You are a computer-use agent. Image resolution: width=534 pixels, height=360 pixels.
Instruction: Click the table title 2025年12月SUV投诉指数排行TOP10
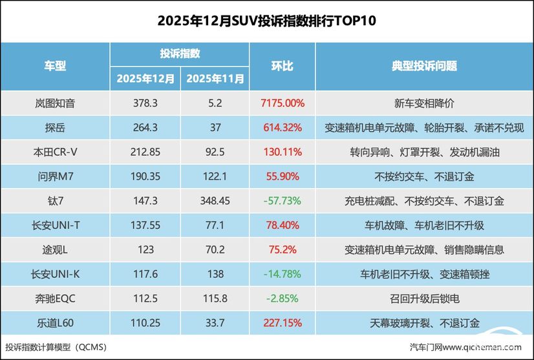267,21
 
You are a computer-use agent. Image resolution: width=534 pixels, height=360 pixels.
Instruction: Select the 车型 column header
55,66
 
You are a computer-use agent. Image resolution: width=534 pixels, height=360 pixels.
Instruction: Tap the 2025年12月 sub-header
145,79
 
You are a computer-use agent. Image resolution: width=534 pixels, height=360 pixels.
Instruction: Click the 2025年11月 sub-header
215,79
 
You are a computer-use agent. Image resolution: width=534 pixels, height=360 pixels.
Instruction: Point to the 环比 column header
282,66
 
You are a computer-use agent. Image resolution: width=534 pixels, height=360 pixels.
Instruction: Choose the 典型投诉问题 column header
424,66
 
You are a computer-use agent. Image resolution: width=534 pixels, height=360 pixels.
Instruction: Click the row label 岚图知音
55,103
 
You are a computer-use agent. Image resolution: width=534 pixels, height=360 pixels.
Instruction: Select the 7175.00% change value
282,103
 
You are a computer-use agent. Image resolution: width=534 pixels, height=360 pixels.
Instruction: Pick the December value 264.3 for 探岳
145,127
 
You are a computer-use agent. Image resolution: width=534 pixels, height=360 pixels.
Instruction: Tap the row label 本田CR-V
55,152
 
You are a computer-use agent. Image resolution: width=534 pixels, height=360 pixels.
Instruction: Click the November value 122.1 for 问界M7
215,176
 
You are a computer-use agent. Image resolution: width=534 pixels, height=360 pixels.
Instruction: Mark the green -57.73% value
282,201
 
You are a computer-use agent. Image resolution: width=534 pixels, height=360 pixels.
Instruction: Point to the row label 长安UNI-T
55,226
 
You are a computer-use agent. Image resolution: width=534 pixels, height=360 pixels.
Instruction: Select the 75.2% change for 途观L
282,249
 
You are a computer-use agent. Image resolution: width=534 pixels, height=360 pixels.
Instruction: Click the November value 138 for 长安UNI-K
215,274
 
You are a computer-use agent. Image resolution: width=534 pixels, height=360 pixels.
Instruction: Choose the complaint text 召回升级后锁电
424,299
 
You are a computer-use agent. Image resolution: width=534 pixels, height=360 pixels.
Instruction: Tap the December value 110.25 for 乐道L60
145,323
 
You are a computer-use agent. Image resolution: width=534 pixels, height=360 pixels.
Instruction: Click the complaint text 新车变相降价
424,103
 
